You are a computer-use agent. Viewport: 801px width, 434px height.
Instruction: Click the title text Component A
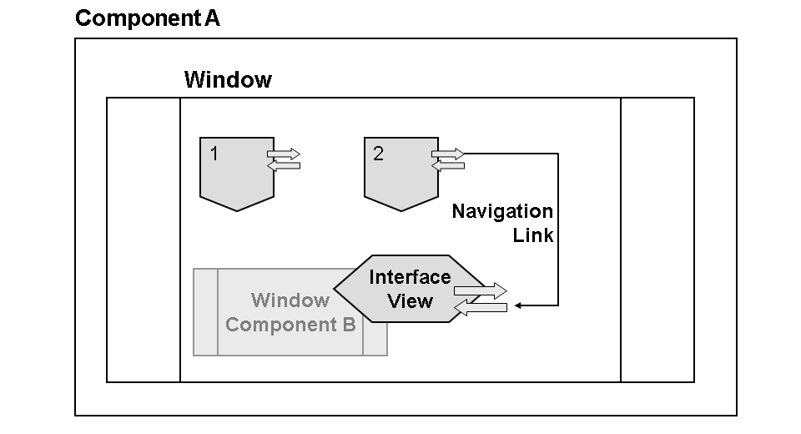[x=148, y=18]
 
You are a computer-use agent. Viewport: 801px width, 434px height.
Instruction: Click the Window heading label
[x=228, y=80]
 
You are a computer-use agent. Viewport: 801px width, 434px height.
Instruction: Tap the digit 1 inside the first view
[x=214, y=154]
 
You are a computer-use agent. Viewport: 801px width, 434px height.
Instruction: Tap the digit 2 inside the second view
[x=379, y=154]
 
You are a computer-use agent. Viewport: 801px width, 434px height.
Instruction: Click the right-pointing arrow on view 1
[x=284, y=154]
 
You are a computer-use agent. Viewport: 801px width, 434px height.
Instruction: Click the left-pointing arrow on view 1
[x=283, y=165]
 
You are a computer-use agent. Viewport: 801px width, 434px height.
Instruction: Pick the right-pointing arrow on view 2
[x=448, y=154]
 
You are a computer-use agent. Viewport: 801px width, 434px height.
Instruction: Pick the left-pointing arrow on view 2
[x=447, y=165]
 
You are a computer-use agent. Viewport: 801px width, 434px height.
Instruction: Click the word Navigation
[x=502, y=211]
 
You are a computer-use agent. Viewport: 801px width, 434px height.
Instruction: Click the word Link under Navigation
[x=533, y=235]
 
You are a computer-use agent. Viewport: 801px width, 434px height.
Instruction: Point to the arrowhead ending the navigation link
[x=517, y=305]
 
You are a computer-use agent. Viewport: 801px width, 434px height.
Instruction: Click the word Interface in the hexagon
[x=410, y=277]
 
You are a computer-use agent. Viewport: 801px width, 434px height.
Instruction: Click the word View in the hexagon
[x=410, y=300]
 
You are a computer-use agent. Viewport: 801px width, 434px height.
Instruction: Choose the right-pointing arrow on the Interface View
[x=481, y=291]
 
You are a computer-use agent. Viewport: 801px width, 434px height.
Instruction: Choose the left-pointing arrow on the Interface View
[x=480, y=307]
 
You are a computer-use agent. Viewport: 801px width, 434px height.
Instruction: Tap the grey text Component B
[x=290, y=325]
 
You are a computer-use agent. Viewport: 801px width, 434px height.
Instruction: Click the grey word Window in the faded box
[x=290, y=300]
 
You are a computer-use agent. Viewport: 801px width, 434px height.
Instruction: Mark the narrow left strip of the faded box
[x=205, y=312]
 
